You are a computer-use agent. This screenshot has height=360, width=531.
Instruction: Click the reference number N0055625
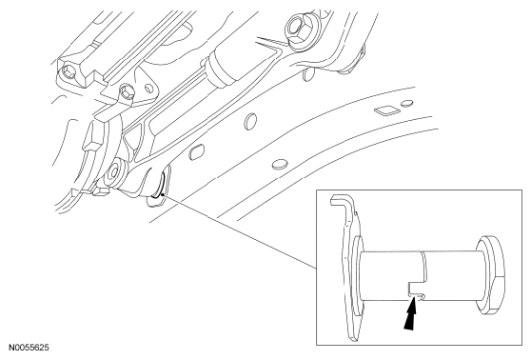coord(29,348)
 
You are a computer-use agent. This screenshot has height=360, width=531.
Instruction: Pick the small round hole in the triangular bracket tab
coord(148,89)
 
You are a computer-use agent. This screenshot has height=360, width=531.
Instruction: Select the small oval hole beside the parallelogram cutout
coord(406,103)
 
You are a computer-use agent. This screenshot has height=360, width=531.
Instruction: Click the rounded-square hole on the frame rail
coord(196,151)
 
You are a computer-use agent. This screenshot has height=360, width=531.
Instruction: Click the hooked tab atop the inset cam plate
coord(342,204)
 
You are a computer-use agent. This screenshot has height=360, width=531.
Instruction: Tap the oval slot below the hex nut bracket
coord(307,74)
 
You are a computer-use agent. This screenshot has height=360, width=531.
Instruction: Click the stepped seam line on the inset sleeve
coord(423,267)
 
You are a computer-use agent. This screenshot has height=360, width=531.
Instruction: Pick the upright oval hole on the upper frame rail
coord(250,120)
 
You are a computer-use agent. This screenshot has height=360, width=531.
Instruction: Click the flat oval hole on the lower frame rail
coord(280,164)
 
